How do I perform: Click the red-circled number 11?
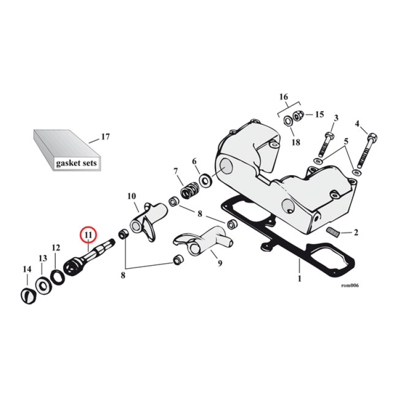(88, 234)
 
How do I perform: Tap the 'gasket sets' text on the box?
(77, 163)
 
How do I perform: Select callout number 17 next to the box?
(105, 136)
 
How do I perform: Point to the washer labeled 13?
(42, 285)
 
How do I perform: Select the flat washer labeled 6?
(204, 179)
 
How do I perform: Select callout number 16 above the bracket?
(283, 97)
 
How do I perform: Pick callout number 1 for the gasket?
(299, 279)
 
